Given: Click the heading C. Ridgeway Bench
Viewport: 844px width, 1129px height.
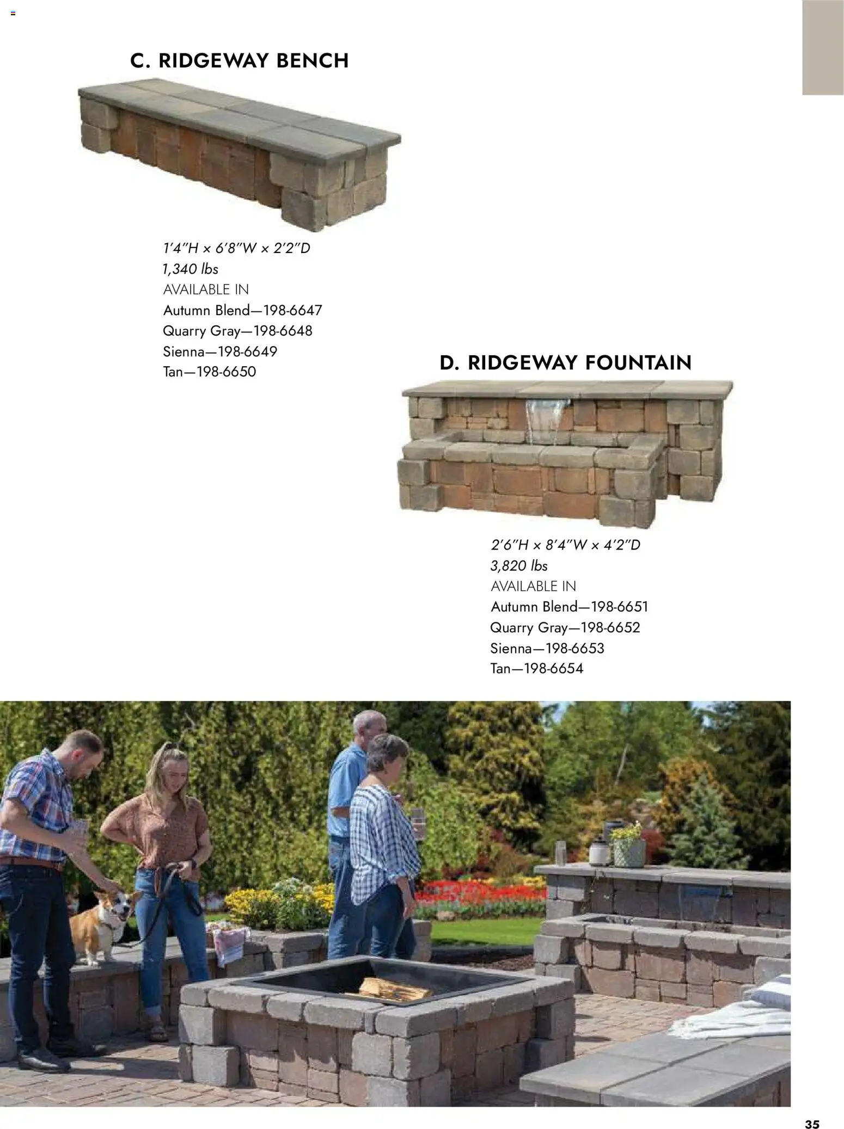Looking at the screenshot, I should tap(240, 60).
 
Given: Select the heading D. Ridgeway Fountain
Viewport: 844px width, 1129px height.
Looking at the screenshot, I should tap(565, 363).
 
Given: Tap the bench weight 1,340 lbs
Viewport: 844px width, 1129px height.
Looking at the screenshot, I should tap(191, 269).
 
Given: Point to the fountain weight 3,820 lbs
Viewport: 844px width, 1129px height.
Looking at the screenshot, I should tap(519, 566).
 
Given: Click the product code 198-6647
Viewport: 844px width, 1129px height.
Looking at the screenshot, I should tap(293, 311).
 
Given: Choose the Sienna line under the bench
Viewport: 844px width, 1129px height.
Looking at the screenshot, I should tap(220, 351).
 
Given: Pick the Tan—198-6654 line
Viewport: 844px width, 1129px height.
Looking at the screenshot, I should tap(536, 669).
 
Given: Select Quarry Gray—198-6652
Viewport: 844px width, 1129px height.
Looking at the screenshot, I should tap(565, 628).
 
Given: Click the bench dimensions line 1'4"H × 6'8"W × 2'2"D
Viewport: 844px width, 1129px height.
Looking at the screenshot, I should tap(236, 248).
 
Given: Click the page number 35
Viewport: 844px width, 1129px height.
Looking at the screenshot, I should tap(812, 1109).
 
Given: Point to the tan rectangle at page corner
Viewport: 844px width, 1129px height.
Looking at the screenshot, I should tap(822, 47).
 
